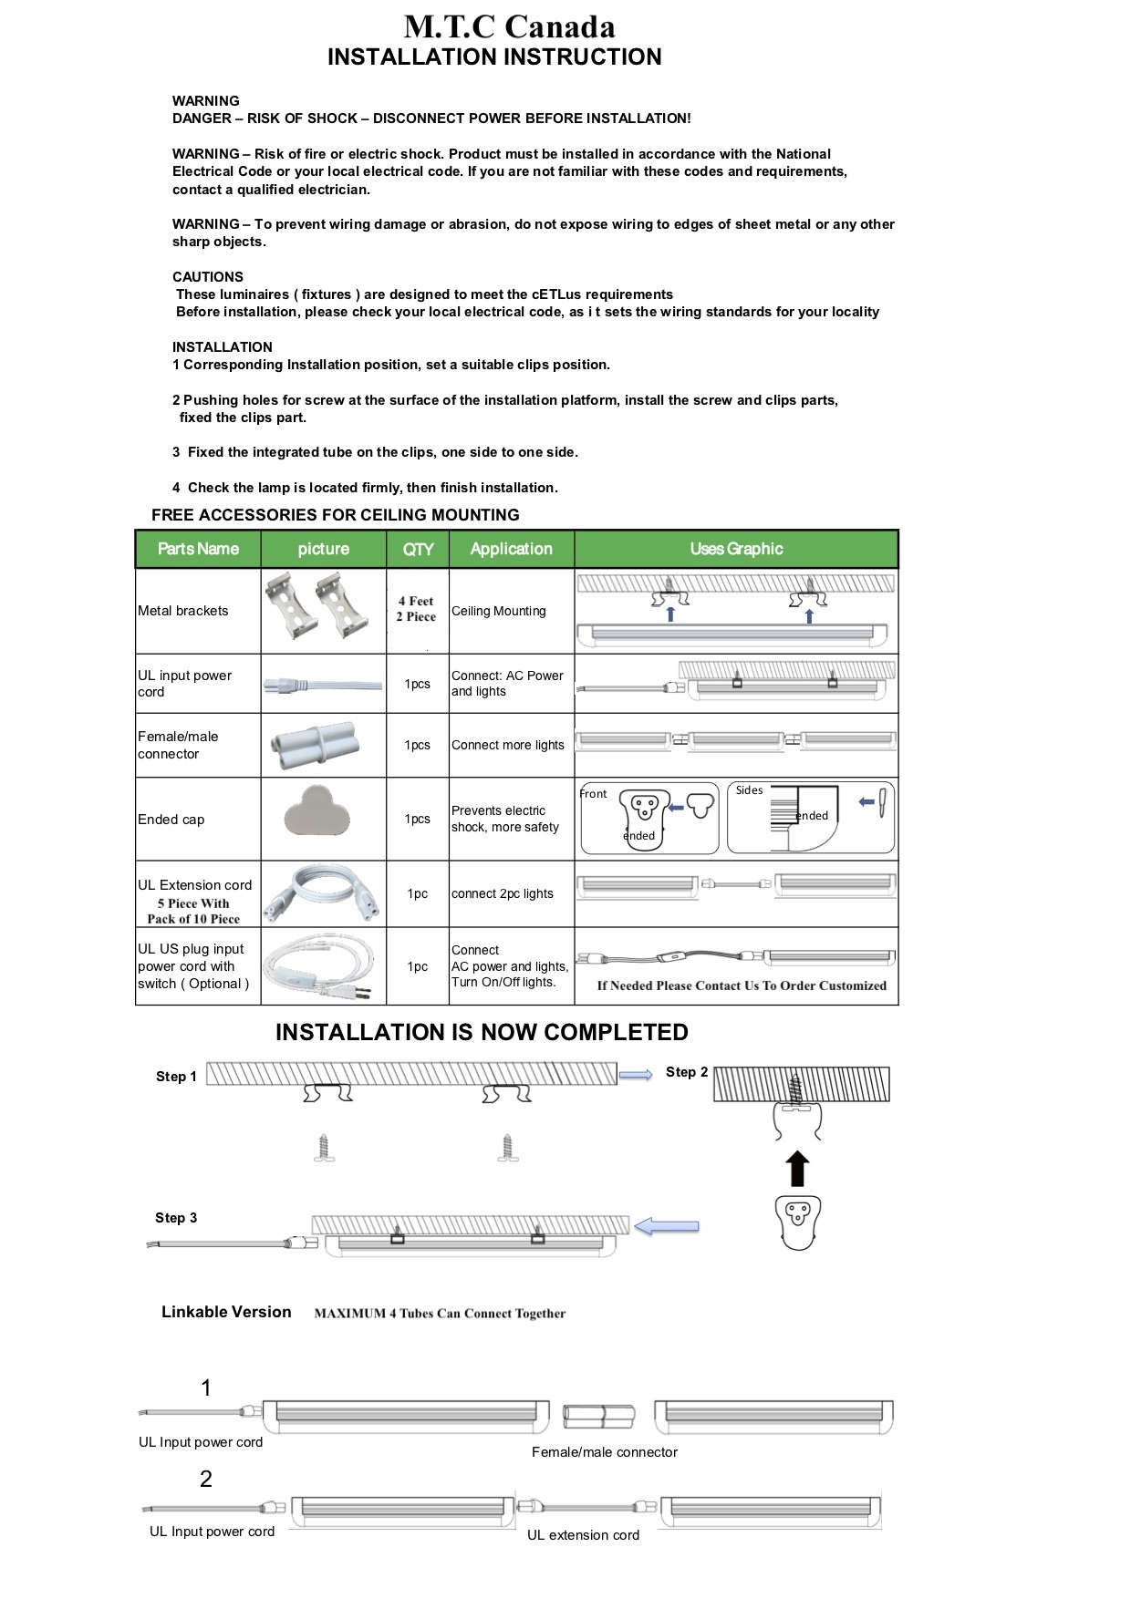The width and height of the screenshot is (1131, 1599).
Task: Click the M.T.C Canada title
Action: click(x=509, y=26)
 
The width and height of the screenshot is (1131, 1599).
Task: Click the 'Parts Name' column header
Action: click(x=198, y=549)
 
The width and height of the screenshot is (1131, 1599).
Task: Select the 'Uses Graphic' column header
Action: click(x=736, y=549)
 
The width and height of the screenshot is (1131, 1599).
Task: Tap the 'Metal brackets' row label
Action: click(x=183, y=611)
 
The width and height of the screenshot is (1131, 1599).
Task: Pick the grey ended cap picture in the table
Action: click(x=316, y=810)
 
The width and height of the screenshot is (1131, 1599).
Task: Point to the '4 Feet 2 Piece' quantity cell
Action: click(x=416, y=609)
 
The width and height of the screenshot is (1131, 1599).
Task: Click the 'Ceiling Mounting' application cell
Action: click(x=499, y=611)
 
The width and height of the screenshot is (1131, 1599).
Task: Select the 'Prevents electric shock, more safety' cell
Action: click(x=505, y=819)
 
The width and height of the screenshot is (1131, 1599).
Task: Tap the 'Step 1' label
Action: click(x=176, y=1077)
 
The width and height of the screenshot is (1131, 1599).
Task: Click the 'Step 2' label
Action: click(x=687, y=1072)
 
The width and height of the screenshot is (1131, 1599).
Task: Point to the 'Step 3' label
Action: click(x=176, y=1218)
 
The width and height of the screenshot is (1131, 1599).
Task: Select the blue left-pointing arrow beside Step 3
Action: click(x=667, y=1227)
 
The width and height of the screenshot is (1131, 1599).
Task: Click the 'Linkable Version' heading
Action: click(x=226, y=1312)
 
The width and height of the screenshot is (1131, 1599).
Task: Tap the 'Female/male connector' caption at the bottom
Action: click(x=605, y=1452)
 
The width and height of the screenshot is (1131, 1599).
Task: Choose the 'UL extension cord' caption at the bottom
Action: click(x=583, y=1535)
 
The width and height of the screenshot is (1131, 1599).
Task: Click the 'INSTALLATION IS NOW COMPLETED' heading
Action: click(x=482, y=1032)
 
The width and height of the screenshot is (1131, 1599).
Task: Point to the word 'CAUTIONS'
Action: click(x=208, y=277)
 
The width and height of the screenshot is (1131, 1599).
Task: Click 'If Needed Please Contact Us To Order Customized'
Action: click(x=742, y=985)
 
